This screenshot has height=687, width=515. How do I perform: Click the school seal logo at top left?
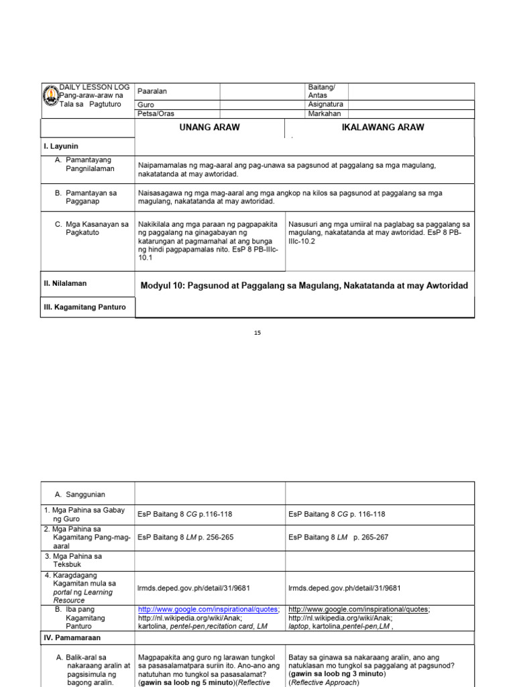50,96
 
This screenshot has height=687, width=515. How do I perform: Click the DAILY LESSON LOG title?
95,87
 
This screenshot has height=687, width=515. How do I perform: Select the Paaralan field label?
152,91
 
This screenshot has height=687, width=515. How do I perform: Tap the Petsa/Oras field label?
155,114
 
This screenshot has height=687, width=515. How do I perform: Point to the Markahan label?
325,114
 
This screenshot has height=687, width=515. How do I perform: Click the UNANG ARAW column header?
210,127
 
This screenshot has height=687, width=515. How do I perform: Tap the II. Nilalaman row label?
65,284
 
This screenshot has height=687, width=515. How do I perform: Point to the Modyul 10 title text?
304,286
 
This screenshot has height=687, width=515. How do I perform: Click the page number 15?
257,333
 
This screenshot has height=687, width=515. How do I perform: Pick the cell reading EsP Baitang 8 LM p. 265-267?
338,537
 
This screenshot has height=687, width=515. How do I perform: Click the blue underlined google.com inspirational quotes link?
209,609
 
